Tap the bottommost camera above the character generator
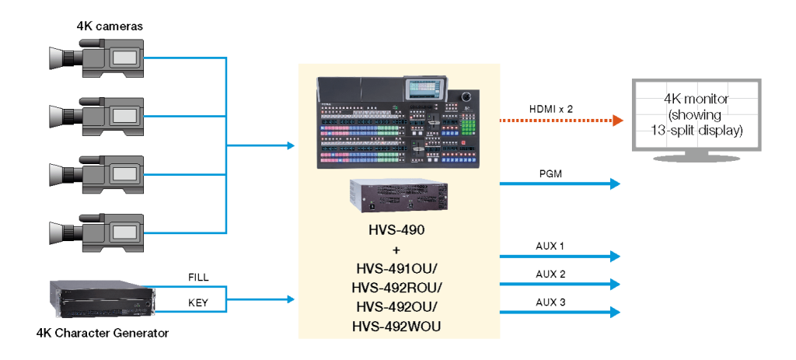pyautogui.click(x=97, y=230)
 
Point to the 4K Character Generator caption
pyautogui.click(x=103, y=334)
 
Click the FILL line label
pyautogui.click(x=198, y=278)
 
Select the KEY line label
pyautogui.click(x=198, y=301)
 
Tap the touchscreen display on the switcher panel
pyautogui.click(x=427, y=88)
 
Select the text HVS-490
pyautogui.click(x=396, y=232)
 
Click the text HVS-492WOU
pyautogui.click(x=396, y=327)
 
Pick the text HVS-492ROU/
pyautogui.click(x=396, y=288)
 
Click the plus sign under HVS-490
pyautogui.click(x=396, y=250)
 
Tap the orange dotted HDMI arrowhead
pyautogui.click(x=617, y=121)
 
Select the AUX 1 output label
pyautogui.click(x=550, y=246)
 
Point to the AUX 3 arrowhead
pyautogui.click(x=616, y=312)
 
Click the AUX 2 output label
pyautogui.click(x=550, y=274)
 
